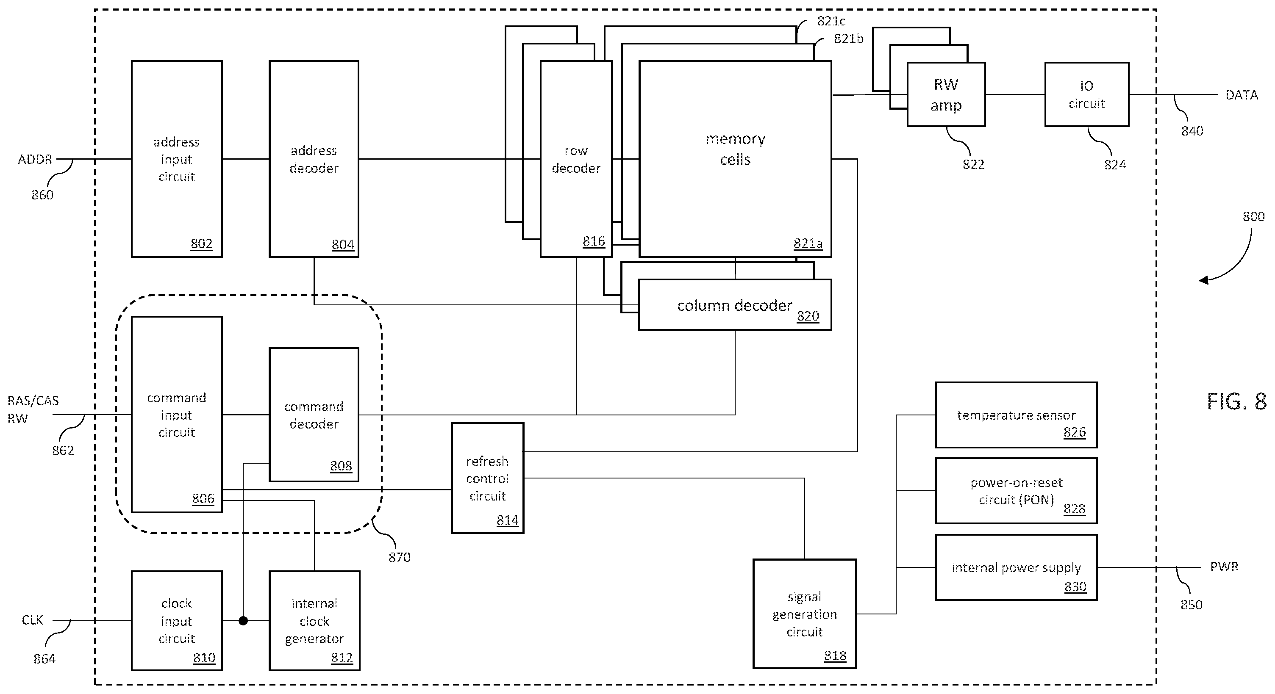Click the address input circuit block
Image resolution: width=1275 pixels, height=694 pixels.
point(177,159)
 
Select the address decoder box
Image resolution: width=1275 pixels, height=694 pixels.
point(314,159)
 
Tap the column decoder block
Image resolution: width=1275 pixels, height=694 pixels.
point(735,305)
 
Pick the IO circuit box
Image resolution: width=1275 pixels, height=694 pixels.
point(1087,94)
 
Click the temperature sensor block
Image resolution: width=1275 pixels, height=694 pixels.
point(1016,415)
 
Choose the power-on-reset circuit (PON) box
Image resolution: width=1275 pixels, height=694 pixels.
point(1016,491)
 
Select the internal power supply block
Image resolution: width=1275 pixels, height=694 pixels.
point(1016,567)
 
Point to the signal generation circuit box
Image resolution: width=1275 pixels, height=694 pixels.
point(804,614)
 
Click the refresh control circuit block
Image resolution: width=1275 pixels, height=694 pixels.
point(488,478)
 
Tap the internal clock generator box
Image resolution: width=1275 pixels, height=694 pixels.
point(314,621)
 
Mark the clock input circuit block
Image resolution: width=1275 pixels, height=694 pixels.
point(177,621)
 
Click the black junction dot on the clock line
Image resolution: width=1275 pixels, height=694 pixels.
point(243,621)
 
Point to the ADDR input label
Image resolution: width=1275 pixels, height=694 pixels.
point(35,159)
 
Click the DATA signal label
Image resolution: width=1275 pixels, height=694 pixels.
point(1242,95)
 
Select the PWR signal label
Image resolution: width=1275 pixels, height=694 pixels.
point(1224,567)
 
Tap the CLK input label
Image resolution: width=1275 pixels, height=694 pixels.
point(32,620)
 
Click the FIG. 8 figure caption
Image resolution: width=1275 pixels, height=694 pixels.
point(1236,401)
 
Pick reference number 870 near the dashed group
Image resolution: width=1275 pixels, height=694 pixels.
point(400,558)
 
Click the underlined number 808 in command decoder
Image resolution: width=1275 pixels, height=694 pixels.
point(341,466)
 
